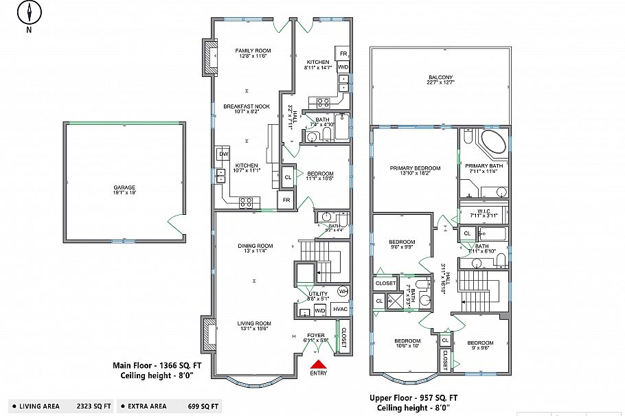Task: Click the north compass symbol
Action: [x=30, y=12]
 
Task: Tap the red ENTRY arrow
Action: [x=318, y=365]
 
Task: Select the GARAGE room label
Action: [x=124, y=187]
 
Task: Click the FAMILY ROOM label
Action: [x=253, y=50]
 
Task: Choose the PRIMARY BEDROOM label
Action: [x=415, y=167]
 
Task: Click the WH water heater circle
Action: [x=342, y=291]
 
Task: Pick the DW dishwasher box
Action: [x=223, y=154]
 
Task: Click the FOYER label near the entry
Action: [x=316, y=336]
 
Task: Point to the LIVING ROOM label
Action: [x=254, y=323]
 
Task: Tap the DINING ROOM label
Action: [x=255, y=246]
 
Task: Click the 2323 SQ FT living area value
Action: [x=93, y=406]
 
